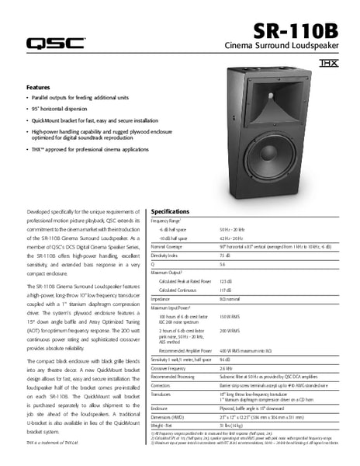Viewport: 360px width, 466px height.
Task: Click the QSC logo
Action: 57,43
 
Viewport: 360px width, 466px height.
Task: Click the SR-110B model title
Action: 296,31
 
